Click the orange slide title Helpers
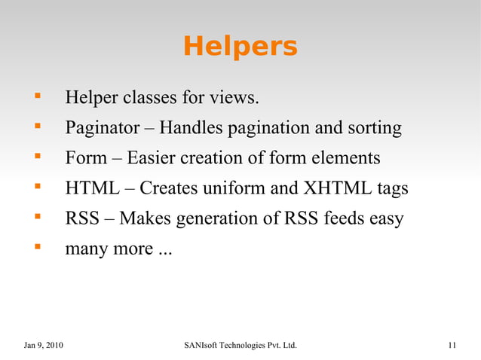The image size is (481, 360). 240,47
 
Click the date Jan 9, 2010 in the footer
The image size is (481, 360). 44,346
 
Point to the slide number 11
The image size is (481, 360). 452,346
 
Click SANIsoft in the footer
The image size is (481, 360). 203,346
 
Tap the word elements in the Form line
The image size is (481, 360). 348,159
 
